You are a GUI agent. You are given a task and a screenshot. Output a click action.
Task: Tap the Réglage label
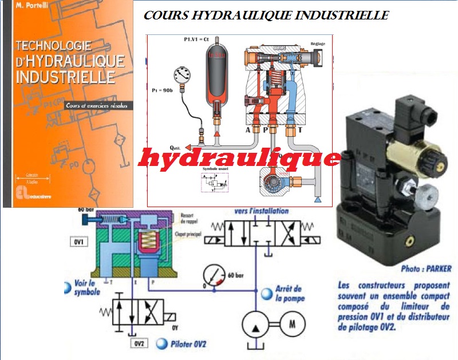(318, 43)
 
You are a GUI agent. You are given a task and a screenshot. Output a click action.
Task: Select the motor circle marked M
(291, 323)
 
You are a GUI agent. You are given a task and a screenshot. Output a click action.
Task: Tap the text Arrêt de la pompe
(287, 293)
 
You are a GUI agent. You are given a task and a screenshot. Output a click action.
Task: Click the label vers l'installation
(261, 211)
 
